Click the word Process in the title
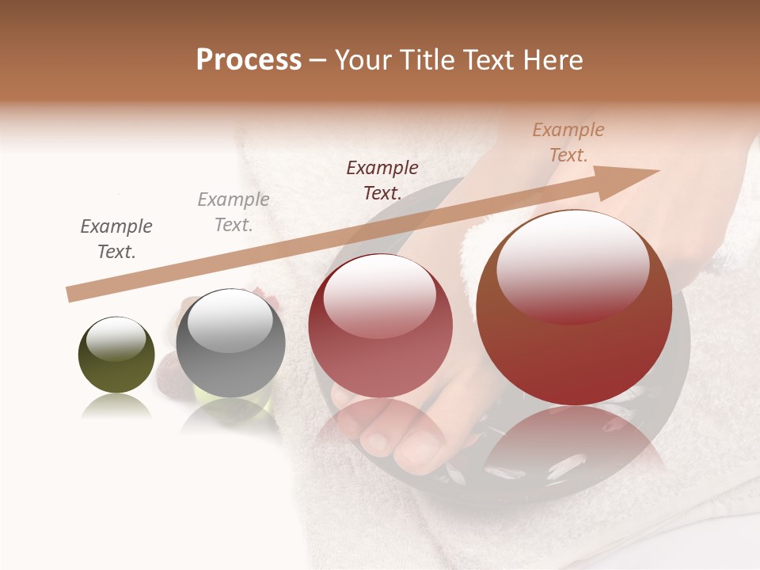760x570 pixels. coord(249,60)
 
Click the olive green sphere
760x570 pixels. coord(116,355)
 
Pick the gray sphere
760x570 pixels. coord(230,343)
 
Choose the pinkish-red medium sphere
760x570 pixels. coord(380,325)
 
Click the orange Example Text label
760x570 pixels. coord(568,142)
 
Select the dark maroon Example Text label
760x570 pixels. coord(382,180)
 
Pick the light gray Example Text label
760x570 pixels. coord(234,211)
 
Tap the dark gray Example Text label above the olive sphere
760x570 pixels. coord(116,238)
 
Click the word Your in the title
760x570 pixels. coord(363,60)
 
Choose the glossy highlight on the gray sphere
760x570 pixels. coord(230,320)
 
